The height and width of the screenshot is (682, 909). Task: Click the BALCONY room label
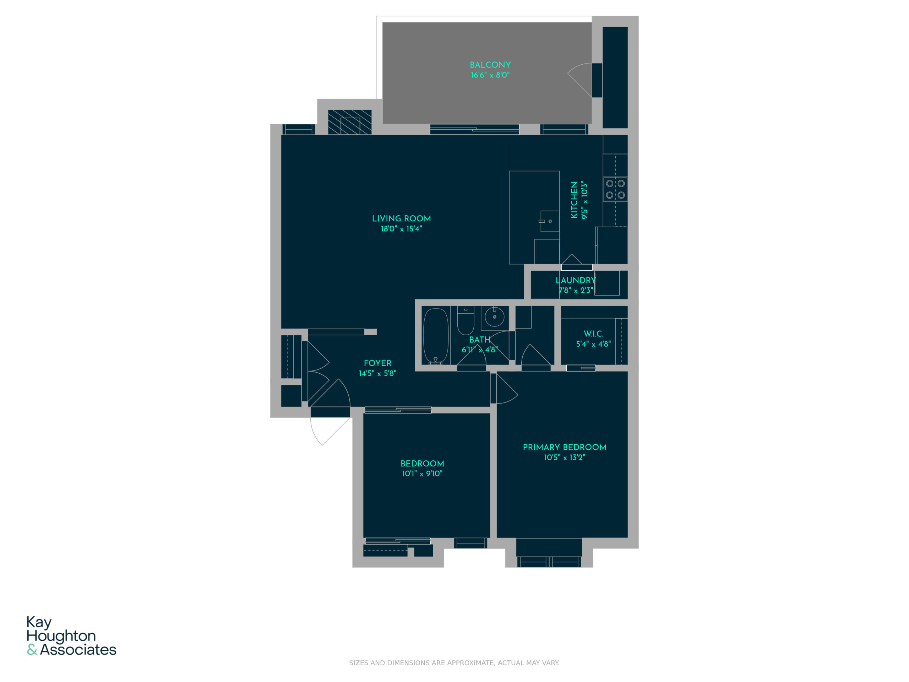[490, 65]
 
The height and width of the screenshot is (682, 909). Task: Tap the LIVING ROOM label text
[402, 219]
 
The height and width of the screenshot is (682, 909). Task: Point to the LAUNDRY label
[576, 280]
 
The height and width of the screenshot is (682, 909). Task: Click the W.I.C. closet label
[593, 334]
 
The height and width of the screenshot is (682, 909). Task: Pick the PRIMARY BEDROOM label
[565, 447]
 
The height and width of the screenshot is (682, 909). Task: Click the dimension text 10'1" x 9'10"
[422, 473]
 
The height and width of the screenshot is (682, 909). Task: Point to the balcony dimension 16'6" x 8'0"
[490, 75]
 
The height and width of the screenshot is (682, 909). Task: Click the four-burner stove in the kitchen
[615, 189]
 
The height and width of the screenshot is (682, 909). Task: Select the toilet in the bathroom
[466, 321]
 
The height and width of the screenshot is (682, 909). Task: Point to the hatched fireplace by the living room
[350, 122]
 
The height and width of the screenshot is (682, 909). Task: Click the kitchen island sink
[549, 221]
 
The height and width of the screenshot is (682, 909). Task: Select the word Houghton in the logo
[61, 636]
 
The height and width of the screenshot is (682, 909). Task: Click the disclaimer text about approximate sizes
[454, 663]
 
